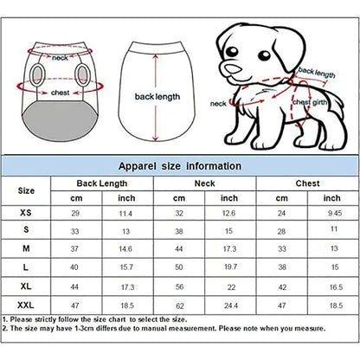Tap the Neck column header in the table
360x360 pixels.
point(204,183)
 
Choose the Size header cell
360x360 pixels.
point(27,190)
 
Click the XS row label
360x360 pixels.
point(27,212)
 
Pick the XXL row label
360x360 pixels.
point(27,305)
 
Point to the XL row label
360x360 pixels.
point(27,286)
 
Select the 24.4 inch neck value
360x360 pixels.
point(230,305)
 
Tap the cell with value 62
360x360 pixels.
point(180,305)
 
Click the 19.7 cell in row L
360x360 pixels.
point(230,267)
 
